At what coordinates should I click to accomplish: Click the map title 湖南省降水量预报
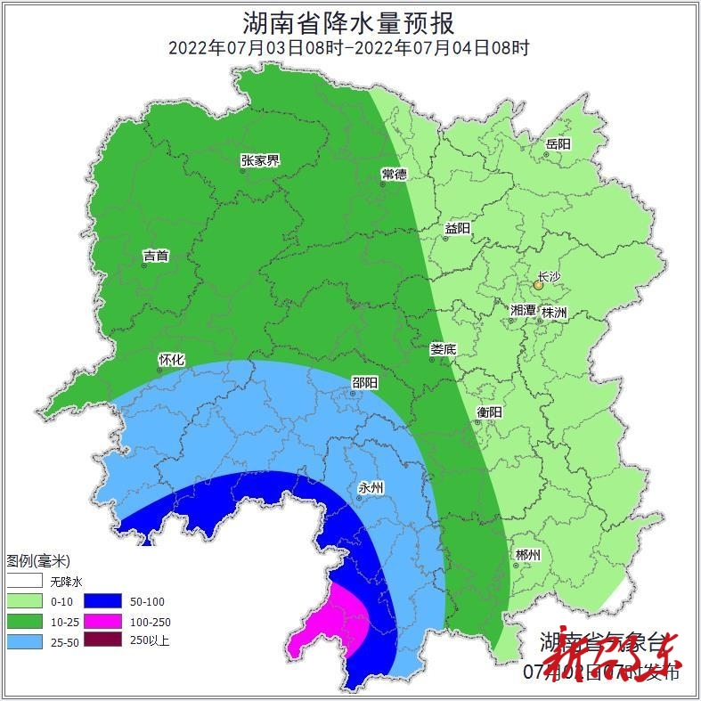click(x=350, y=22)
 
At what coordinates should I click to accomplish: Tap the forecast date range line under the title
click(x=350, y=47)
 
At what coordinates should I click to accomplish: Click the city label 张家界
click(x=260, y=161)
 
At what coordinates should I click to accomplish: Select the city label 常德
click(x=394, y=174)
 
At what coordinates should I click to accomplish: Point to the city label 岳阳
click(x=558, y=144)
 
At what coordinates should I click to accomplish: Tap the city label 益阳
click(x=458, y=228)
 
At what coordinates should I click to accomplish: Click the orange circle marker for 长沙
click(x=538, y=286)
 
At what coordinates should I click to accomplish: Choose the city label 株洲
click(x=554, y=313)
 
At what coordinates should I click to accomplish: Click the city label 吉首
click(x=156, y=256)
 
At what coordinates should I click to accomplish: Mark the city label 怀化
click(x=171, y=360)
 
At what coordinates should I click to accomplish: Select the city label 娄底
click(x=443, y=350)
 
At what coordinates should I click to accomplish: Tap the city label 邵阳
click(x=364, y=383)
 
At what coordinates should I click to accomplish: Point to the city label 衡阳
click(x=490, y=412)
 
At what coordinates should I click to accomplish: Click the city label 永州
click(x=371, y=487)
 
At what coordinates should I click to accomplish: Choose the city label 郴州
click(x=527, y=555)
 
